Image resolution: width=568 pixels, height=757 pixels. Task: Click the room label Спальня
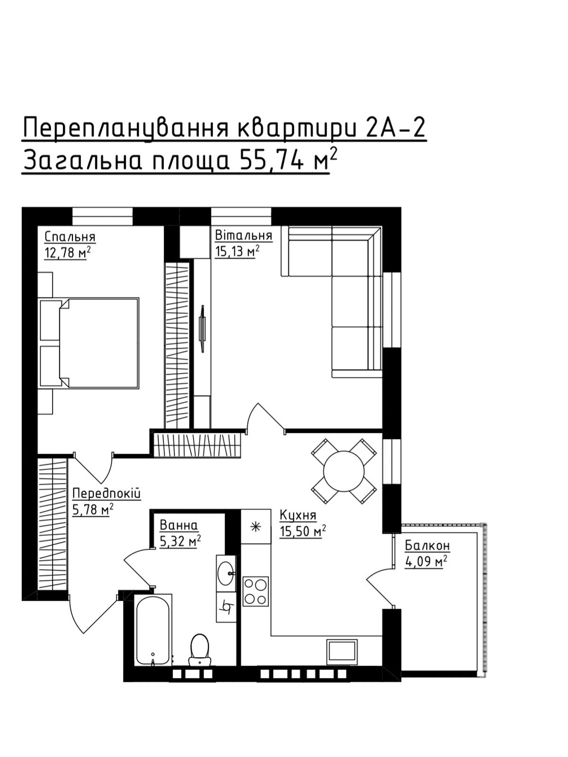70,237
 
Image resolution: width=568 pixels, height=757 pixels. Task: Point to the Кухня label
298,516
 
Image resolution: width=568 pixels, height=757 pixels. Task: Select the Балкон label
427,546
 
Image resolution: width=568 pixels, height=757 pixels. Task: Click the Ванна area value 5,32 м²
180,541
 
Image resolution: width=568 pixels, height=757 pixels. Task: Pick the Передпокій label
106,494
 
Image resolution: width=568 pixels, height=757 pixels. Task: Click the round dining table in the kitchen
344,471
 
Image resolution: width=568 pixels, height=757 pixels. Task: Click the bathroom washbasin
226,573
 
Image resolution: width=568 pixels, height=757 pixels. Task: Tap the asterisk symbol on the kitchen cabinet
256,527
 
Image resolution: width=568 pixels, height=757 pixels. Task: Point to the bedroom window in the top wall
102,216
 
